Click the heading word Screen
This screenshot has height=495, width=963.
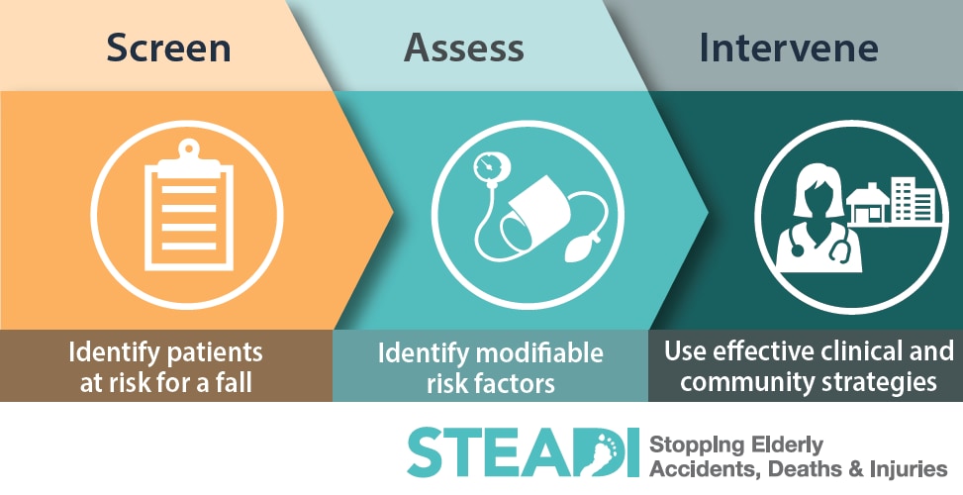tap(169, 48)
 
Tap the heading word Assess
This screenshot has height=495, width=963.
tap(464, 48)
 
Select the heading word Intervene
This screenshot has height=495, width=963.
tap(789, 48)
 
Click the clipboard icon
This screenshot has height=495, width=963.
tap(189, 206)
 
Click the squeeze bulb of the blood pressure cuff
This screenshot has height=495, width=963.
tap(580, 248)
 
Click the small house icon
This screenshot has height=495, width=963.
tap(867, 203)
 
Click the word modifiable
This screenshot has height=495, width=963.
tap(539, 353)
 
